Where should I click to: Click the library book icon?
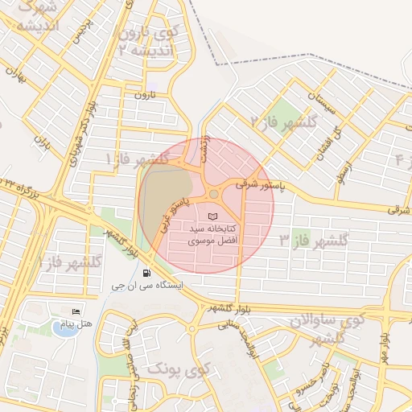(x=212, y=216)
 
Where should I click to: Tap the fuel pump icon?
(x=146, y=272)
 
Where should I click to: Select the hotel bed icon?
(x=76, y=311)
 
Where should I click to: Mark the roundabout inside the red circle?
(x=214, y=194)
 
